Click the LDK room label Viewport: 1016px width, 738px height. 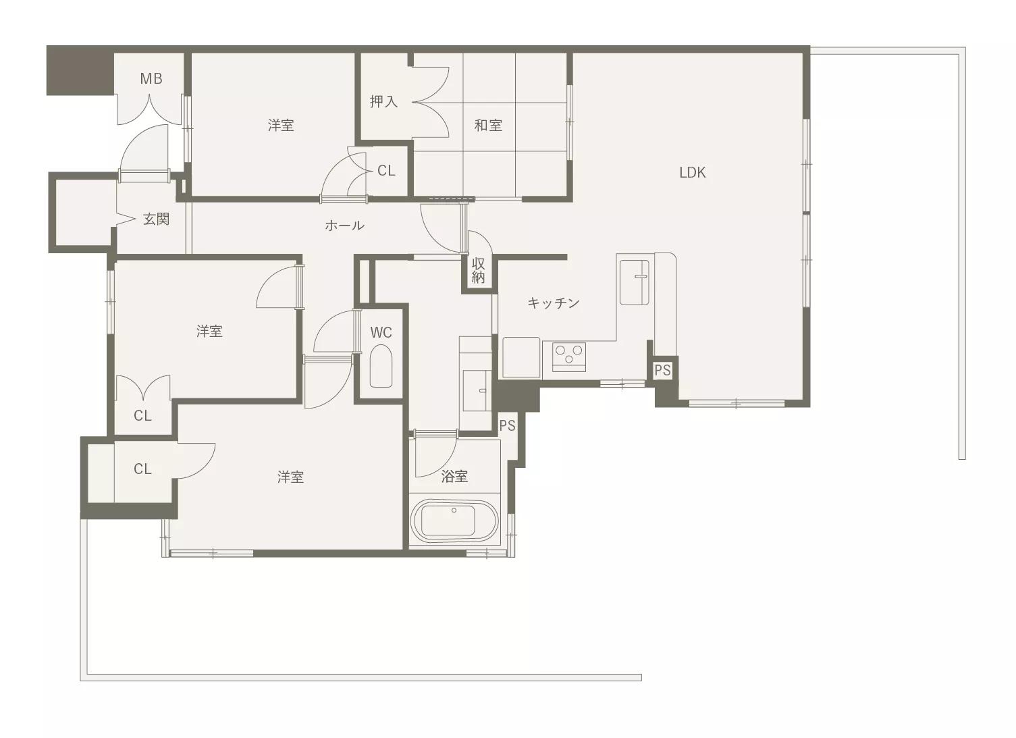click(692, 172)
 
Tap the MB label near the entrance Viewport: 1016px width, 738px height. click(151, 78)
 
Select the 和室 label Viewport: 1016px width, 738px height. click(488, 125)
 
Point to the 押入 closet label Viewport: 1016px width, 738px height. click(383, 101)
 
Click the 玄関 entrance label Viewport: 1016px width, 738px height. click(156, 219)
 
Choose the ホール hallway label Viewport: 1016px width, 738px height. click(344, 225)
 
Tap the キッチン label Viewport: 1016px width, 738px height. click(554, 302)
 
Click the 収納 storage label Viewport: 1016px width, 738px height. click(479, 270)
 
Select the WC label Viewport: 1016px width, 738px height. click(381, 332)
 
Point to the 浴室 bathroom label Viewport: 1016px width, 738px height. click(454, 476)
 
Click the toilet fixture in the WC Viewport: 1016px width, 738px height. click(381, 367)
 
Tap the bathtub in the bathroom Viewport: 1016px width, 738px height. click(454, 521)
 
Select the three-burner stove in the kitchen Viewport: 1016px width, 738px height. click(569, 357)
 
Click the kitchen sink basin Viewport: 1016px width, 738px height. click(634, 282)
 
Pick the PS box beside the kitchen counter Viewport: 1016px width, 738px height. click(662, 370)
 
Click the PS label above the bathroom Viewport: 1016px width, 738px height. click(508, 425)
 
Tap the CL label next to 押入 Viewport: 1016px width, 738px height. click(386, 171)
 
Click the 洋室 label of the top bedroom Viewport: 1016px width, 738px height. click(281, 125)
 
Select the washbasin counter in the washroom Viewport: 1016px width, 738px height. click(475, 390)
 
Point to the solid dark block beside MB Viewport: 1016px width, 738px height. click(80, 71)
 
